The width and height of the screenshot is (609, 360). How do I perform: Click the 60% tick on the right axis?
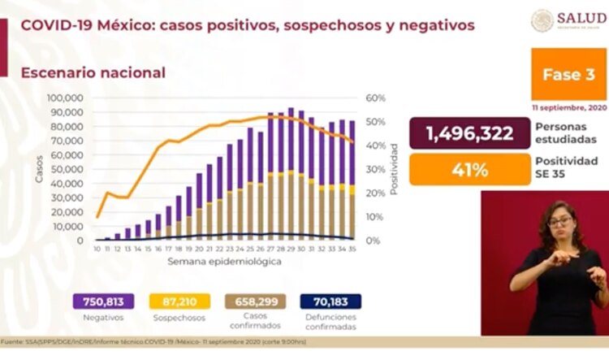coord(374,98)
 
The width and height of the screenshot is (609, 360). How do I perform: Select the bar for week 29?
coord(291,175)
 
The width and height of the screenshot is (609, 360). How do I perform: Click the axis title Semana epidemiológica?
coord(225,262)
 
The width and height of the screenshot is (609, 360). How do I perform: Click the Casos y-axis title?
coord(39,169)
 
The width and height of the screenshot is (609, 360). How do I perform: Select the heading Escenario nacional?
coord(93,72)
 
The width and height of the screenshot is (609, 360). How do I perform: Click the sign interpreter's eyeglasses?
coord(560,220)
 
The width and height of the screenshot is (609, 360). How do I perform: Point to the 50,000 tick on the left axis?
coord(69,170)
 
